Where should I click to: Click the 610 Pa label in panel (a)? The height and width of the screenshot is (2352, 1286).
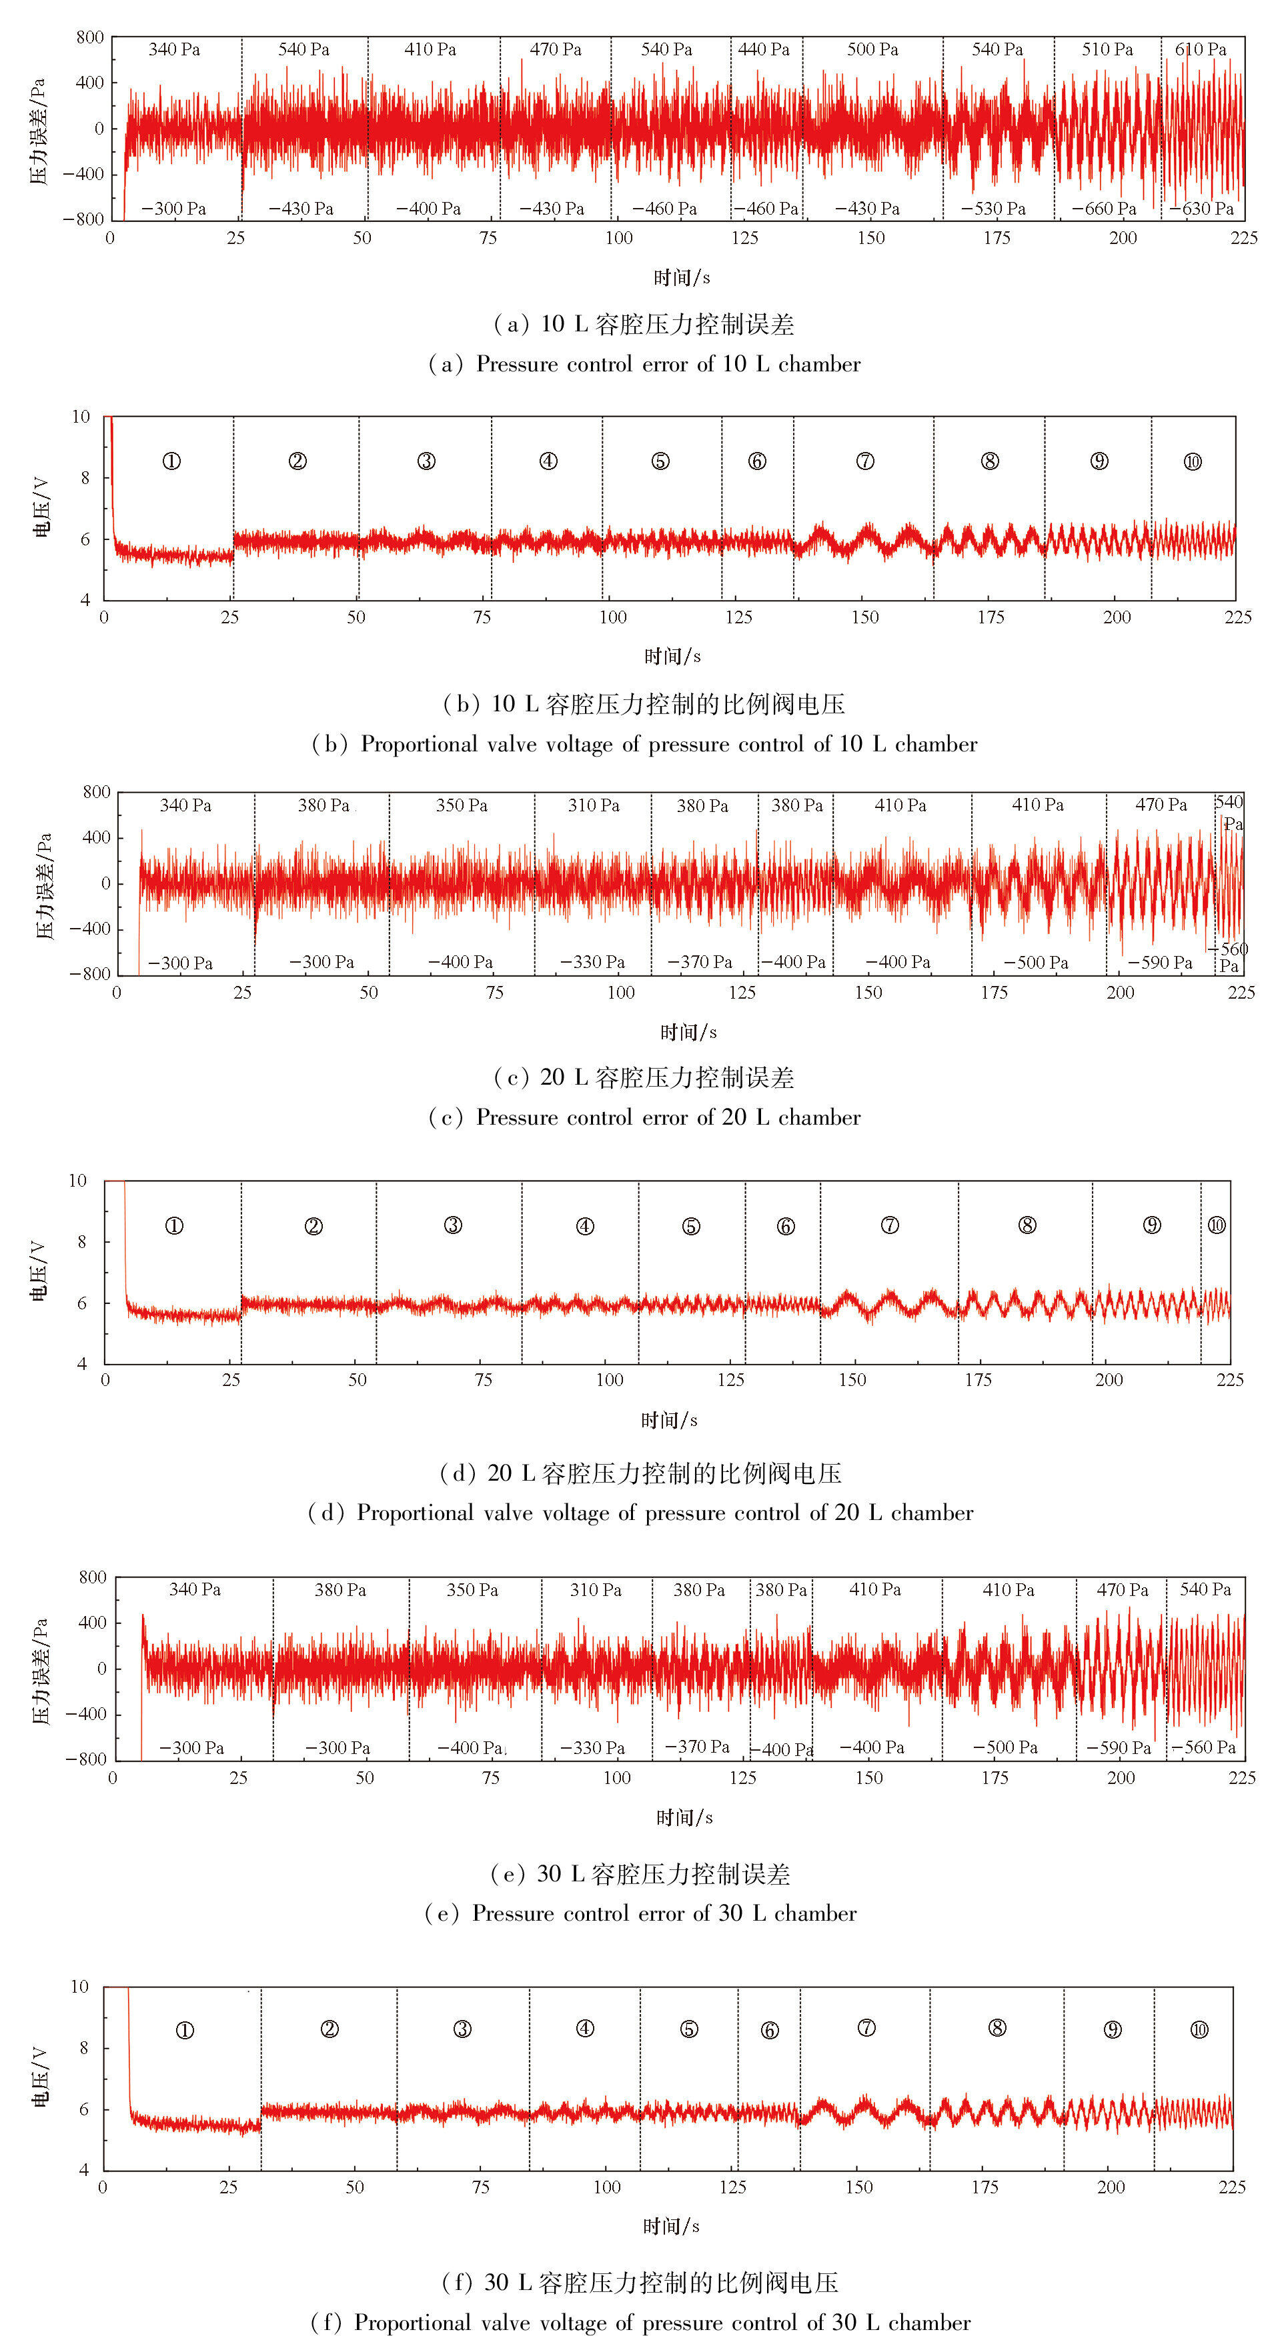pyautogui.click(x=1200, y=49)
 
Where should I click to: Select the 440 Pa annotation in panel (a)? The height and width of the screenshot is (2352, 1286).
pyautogui.click(x=764, y=49)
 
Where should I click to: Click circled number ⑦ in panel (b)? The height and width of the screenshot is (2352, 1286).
pyautogui.click(x=865, y=461)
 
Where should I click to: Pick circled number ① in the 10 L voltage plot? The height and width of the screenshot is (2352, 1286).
pyautogui.click(x=171, y=461)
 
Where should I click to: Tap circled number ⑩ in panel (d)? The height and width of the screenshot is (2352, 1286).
pyautogui.click(x=1217, y=1225)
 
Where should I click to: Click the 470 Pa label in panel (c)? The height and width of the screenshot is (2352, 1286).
pyautogui.click(x=1161, y=805)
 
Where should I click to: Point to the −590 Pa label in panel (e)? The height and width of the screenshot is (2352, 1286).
pyautogui.click(x=1118, y=1747)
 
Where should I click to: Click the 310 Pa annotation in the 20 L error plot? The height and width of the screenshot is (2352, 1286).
pyautogui.click(x=594, y=805)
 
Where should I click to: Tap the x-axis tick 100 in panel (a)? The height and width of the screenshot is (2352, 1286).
pyautogui.click(x=618, y=238)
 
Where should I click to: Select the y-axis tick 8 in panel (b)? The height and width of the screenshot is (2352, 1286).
pyautogui.click(x=85, y=477)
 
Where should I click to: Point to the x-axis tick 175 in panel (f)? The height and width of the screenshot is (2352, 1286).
pyautogui.click(x=985, y=2187)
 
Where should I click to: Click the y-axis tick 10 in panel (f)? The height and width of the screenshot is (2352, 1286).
pyautogui.click(x=80, y=1987)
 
